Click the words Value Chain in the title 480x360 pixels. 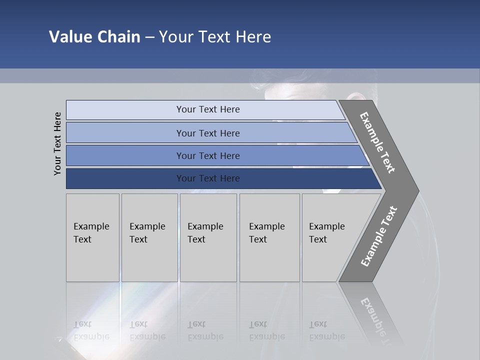[x=94, y=37]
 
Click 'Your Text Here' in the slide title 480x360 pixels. [x=215, y=37]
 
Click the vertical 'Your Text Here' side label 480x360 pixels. [x=57, y=143]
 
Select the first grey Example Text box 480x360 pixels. [x=92, y=237]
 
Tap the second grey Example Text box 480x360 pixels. [x=149, y=237]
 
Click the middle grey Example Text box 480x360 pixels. [x=208, y=237]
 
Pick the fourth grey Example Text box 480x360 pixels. [x=269, y=237]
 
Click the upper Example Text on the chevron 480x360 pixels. [x=377, y=142]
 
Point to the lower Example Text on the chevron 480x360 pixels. [x=379, y=236]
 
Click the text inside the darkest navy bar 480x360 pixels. [x=208, y=178]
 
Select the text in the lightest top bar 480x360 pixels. [x=208, y=109]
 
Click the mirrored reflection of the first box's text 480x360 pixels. [x=91, y=330]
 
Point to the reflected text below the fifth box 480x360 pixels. [x=326, y=330]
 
